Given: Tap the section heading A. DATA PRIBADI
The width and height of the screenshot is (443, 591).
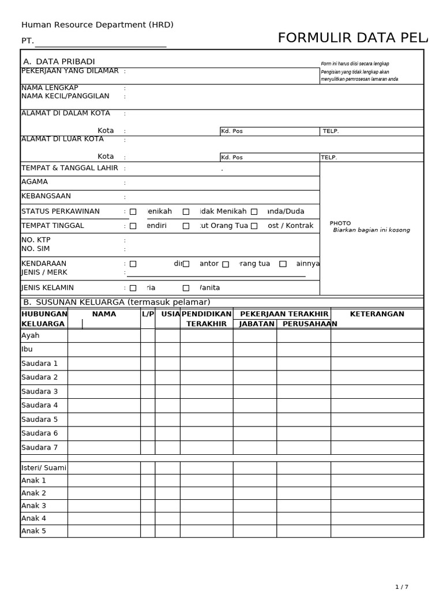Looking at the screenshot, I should [x=59, y=62].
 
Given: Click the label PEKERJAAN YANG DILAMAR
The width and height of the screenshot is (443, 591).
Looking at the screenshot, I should [x=70, y=71].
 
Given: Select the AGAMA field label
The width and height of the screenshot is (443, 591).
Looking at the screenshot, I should [x=35, y=182].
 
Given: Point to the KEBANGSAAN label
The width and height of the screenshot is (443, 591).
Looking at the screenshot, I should [x=46, y=196].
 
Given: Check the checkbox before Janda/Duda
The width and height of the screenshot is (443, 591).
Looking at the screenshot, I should [x=254, y=212].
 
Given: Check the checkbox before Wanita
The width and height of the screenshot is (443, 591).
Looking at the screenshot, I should [x=186, y=288].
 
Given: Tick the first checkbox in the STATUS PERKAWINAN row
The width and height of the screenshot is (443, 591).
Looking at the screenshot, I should [x=133, y=212].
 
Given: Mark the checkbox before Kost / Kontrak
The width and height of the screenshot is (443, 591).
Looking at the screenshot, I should [x=254, y=226].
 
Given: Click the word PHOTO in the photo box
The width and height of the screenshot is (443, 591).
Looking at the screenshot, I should [x=340, y=223].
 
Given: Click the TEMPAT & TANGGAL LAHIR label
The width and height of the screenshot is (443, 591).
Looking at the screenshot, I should [x=70, y=168].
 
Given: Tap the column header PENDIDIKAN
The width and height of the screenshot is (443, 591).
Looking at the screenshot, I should [x=207, y=314].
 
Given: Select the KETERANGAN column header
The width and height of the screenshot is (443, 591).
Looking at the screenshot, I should [x=377, y=314].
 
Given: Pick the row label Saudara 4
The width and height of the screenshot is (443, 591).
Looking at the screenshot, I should [x=40, y=405].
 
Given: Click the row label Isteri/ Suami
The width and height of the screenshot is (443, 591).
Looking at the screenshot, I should [x=44, y=467].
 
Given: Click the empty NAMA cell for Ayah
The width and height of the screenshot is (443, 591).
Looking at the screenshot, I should [x=104, y=335].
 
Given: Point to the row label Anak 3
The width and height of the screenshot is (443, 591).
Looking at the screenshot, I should [x=33, y=506].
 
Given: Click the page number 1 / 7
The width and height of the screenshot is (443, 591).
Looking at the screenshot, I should [x=401, y=587].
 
